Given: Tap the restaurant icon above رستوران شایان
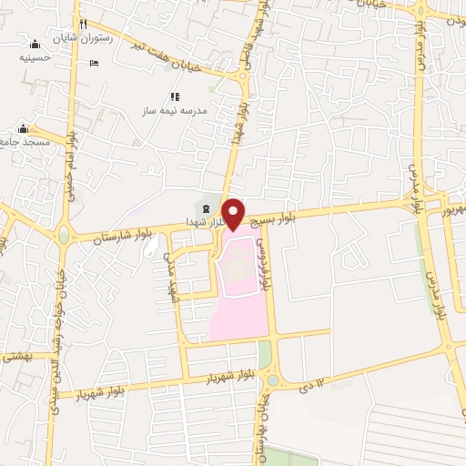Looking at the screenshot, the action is tap(83, 24).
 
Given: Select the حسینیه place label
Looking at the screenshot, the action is tap(35, 56).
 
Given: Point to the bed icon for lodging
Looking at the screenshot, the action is tap(95, 63).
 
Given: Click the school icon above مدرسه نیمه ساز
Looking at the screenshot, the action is tap(174, 96).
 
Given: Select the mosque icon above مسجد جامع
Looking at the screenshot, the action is tap(24, 129).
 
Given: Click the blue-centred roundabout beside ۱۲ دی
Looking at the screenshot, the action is tap(272, 380).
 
